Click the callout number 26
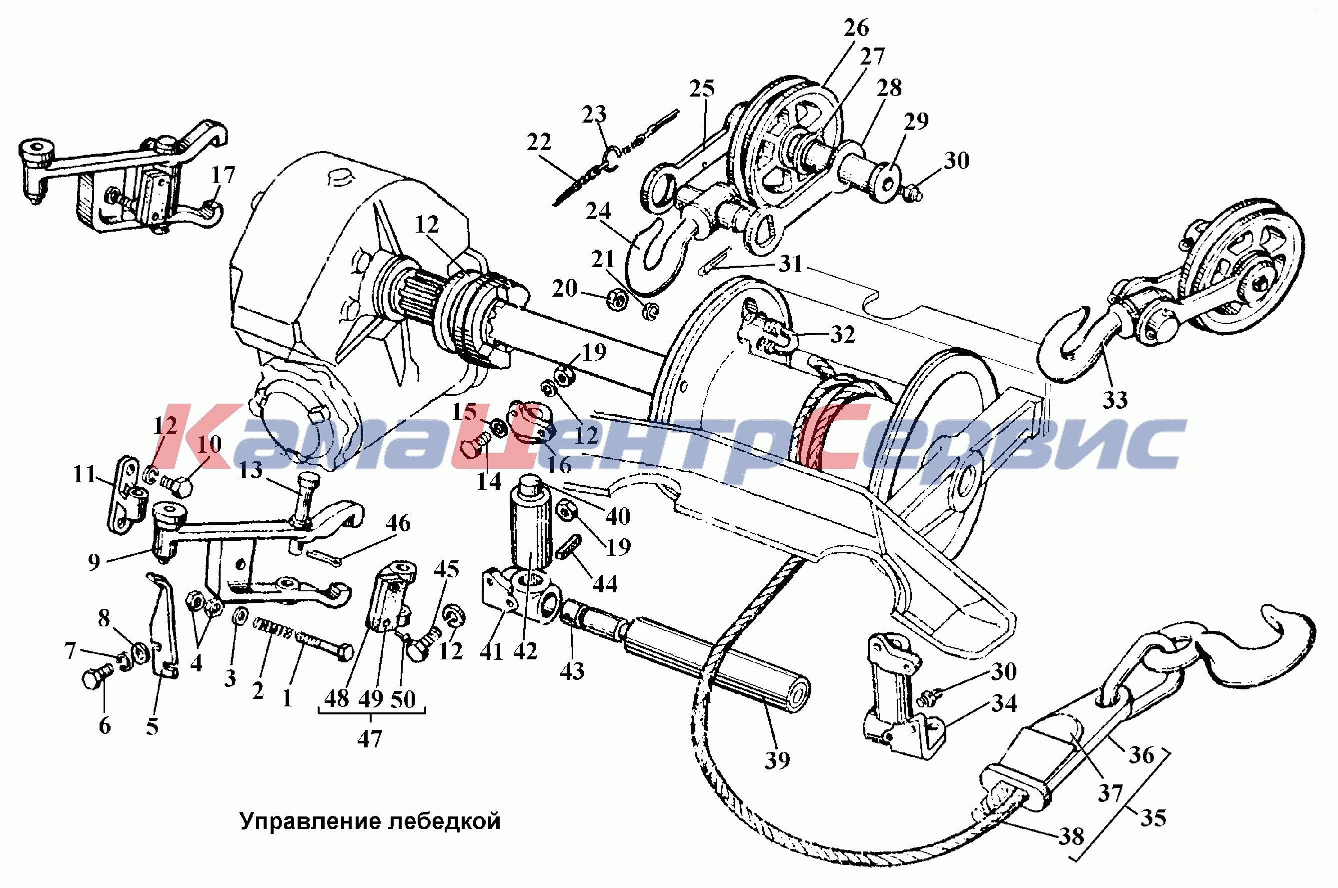856,28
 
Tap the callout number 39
777,760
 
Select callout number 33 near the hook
1115,400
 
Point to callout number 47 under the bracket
369,738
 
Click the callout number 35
1153,818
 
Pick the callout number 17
223,175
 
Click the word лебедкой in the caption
444,821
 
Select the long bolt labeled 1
323,646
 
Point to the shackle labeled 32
768,335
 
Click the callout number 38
1071,836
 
